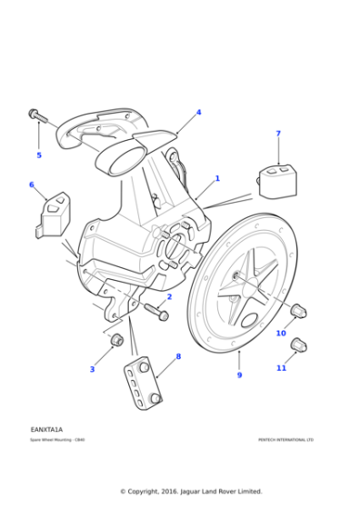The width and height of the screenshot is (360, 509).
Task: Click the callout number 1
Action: pos(217,178)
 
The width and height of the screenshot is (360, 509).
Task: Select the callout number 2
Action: pos(169,296)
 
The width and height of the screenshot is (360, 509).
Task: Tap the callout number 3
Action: pos(92,369)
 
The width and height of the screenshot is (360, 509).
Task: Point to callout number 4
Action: pos(198,113)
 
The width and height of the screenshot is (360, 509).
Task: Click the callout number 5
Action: pos(39,155)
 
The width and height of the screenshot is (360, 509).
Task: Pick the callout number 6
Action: pos(32,185)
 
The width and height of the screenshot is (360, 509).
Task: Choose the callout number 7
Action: pos(278,134)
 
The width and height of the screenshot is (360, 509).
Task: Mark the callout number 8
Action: pos(178,356)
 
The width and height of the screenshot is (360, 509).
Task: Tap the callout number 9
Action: pos(240,374)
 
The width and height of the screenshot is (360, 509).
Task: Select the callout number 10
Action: pos(281,334)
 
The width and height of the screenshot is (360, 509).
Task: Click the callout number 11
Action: pos(281,367)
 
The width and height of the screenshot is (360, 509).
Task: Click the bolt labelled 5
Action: pos(36,115)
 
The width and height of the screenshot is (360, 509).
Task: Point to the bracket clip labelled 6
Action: pos(55,216)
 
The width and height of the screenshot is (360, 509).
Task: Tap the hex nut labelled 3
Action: pos(116,341)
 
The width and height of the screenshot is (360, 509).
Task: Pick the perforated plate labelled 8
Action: pos(142,381)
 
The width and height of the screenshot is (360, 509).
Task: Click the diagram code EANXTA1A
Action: pos(46,428)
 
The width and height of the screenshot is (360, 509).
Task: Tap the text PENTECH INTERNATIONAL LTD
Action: pos(285,440)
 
